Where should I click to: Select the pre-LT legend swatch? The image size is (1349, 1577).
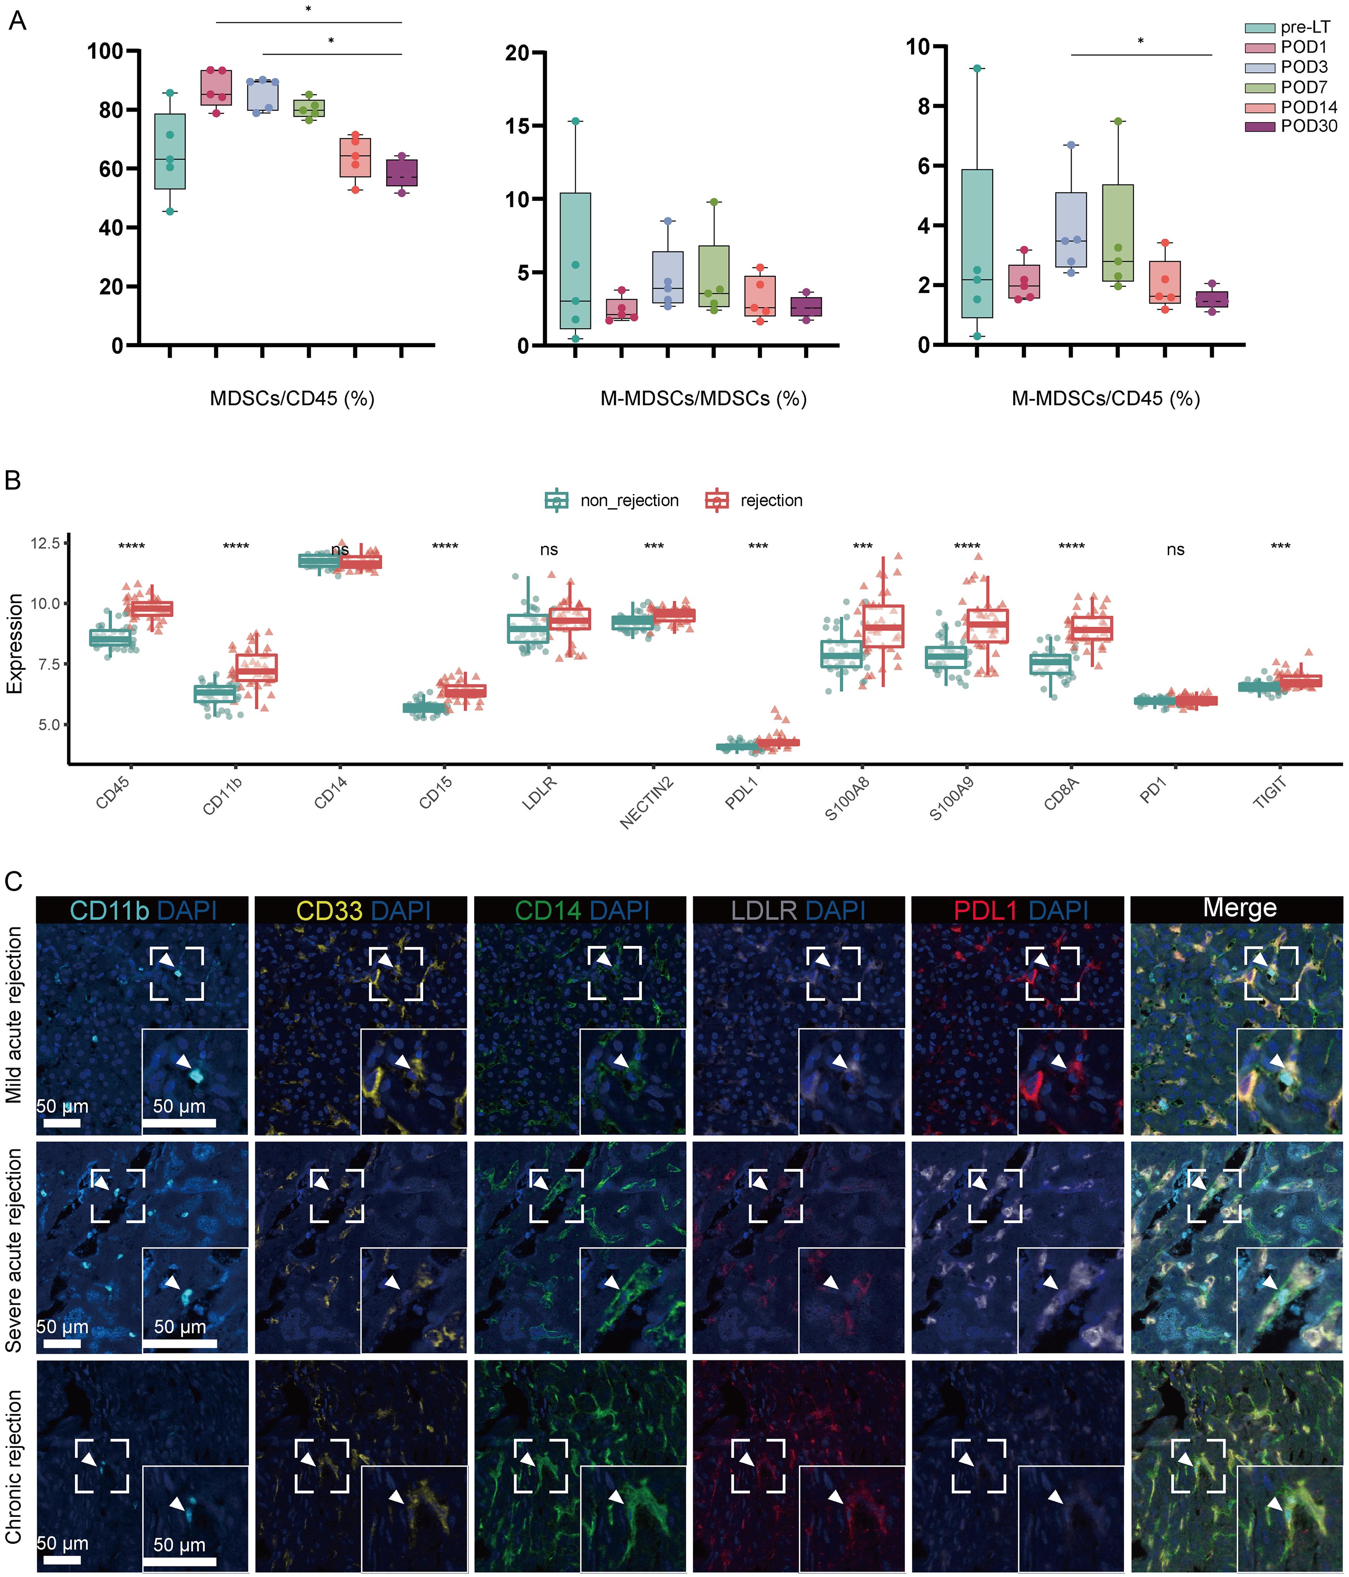pyautogui.click(x=1259, y=28)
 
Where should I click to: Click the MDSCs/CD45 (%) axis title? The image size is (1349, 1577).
pyautogui.click(x=292, y=398)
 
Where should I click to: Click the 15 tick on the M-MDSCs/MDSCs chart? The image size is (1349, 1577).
pyautogui.click(x=517, y=126)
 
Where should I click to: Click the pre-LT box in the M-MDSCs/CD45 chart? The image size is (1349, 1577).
pyautogui.click(x=977, y=243)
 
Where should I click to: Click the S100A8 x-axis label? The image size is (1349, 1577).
pyautogui.click(x=848, y=799)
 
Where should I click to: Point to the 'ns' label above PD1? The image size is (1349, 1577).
pyautogui.click(x=1175, y=550)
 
